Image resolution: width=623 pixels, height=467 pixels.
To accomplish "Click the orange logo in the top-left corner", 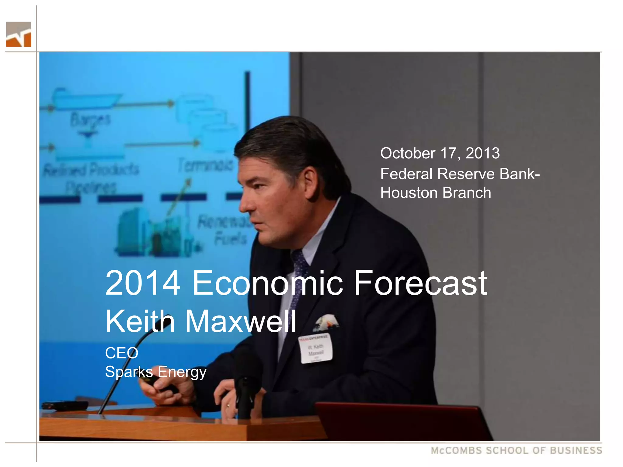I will coord(19,34).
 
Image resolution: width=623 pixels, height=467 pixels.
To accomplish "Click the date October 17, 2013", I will coord(440,153).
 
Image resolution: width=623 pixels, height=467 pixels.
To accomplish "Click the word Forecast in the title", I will coord(420,283).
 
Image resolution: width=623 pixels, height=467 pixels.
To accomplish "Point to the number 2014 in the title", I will coord(143,283).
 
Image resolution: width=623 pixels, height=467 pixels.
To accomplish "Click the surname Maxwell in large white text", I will coord(240,321).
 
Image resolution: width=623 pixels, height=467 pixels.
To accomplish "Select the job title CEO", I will coord(122,353).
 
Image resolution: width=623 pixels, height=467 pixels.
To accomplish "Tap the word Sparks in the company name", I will coord(128,372).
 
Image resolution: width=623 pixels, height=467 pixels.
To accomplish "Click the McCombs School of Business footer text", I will coord(516,451).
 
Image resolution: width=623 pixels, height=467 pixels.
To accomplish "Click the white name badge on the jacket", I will coord(315,349).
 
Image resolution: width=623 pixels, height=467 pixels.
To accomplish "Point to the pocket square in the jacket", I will coord(326,322).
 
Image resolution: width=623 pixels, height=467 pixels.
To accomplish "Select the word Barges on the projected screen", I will coord(90,119).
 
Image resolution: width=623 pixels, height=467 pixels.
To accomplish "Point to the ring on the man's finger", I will coord(228,405).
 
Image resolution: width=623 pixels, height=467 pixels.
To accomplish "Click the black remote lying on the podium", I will coord(65,405).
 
